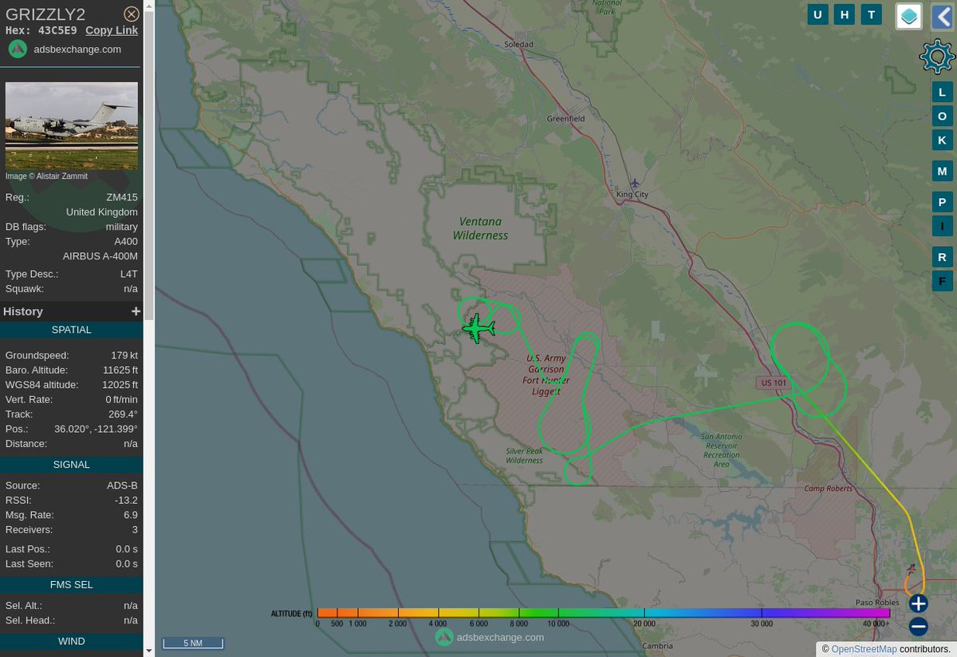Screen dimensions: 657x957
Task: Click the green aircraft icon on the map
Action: (x=478, y=328)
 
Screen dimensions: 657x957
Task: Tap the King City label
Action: (x=632, y=195)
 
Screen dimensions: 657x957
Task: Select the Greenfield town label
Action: (x=565, y=119)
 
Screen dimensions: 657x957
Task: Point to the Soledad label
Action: (x=518, y=45)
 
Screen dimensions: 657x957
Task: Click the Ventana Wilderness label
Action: (x=480, y=228)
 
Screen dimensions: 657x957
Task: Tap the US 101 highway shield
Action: (x=774, y=383)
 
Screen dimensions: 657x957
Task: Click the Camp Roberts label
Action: (x=828, y=489)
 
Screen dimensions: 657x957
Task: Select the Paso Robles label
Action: (x=877, y=603)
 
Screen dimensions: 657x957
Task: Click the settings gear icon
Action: (x=936, y=56)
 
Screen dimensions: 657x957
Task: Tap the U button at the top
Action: (x=817, y=14)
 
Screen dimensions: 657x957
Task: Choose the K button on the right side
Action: (x=942, y=140)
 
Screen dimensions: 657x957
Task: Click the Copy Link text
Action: (x=112, y=30)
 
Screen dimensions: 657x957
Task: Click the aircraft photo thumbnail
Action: (x=72, y=125)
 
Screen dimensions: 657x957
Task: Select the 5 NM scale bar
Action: (x=193, y=643)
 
